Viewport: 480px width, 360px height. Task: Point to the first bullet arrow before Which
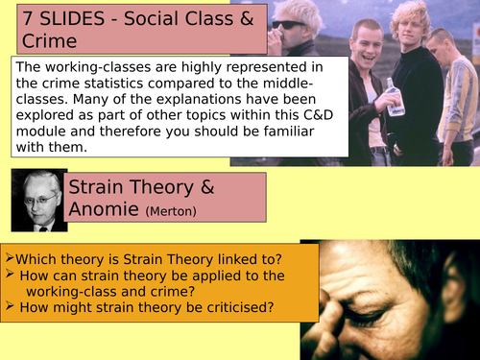[9, 258]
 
